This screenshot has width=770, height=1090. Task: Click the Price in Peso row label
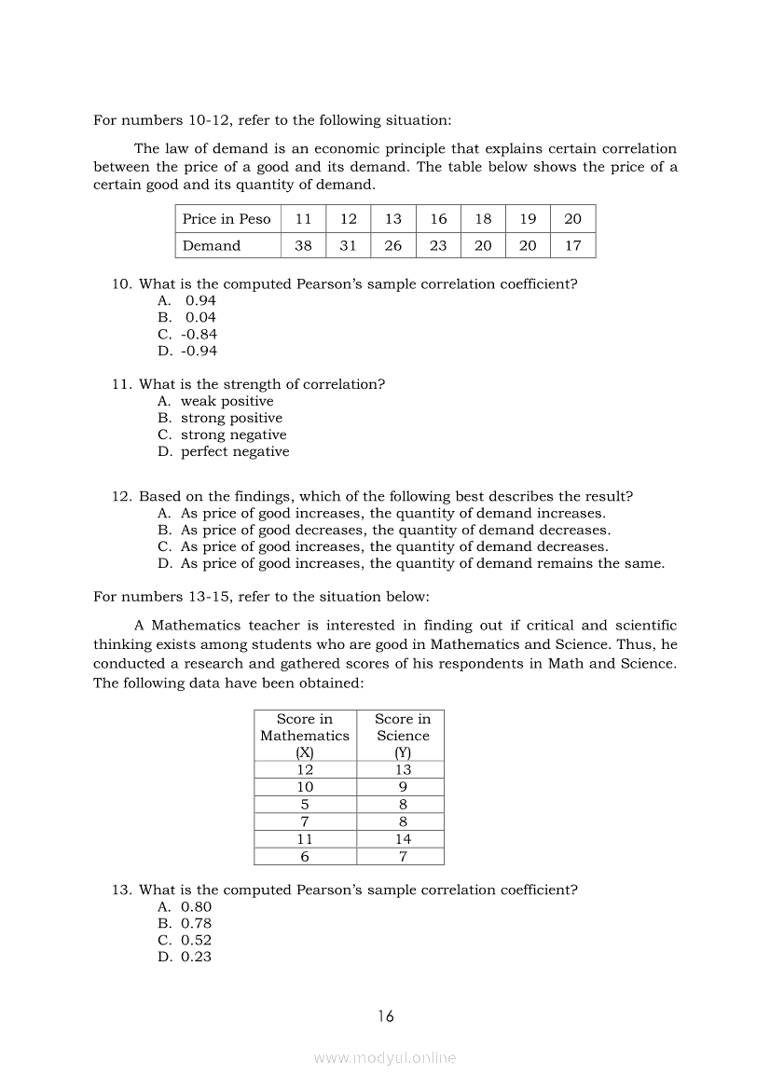pyautogui.click(x=227, y=219)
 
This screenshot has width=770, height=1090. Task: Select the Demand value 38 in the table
pyautogui.click(x=303, y=245)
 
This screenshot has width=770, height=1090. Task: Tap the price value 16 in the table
pyautogui.click(x=438, y=219)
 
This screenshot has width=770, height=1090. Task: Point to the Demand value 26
pyautogui.click(x=393, y=245)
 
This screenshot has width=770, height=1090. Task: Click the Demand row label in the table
pyautogui.click(x=212, y=245)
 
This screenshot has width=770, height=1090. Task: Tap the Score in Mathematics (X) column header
pyautogui.click(x=305, y=735)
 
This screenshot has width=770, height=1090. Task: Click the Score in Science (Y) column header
pyautogui.click(x=403, y=735)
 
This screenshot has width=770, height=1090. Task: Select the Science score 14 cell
pyautogui.click(x=403, y=839)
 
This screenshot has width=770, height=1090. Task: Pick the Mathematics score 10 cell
pyautogui.click(x=305, y=787)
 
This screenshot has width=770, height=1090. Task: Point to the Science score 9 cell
pyautogui.click(x=403, y=787)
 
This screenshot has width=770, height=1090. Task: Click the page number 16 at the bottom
pyautogui.click(x=386, y=1016)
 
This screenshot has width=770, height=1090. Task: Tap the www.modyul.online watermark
pyautogui.click(x=385, y=1058)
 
